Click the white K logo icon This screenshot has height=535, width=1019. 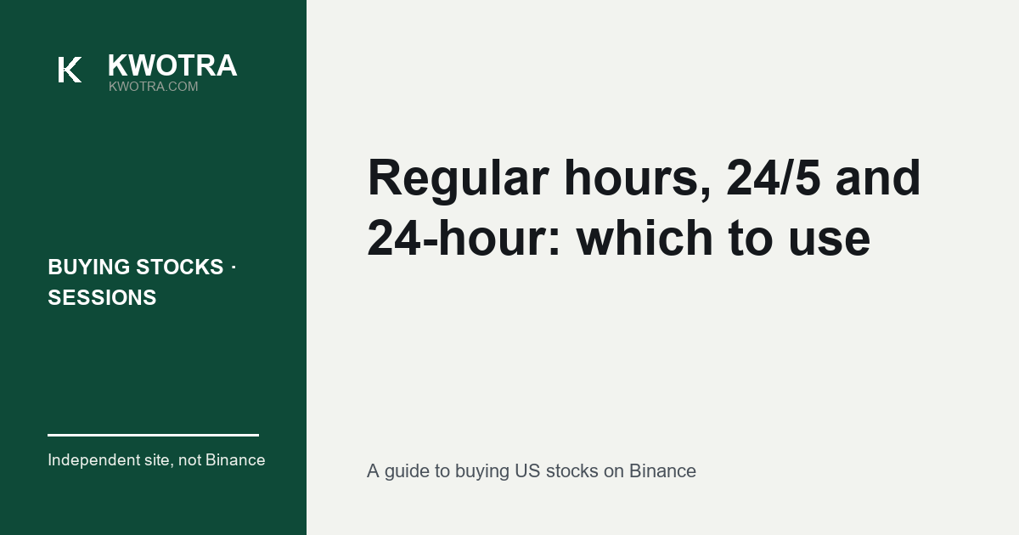(x=70, y=70)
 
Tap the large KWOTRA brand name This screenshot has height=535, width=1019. (x=172, y=65)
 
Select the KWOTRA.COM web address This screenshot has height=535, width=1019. (x=154, y=87)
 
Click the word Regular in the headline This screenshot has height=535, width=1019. (x=459, y=179)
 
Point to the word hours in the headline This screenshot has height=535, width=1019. (x=638, y=177)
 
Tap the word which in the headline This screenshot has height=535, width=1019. (x=645, y=238)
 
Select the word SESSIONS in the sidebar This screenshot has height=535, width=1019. (x=102, y=298)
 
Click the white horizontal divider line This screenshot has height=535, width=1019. (x=154, y=436)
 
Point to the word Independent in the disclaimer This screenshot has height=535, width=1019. (x=93, y=460)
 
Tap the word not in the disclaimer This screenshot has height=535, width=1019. (x=189, y=460)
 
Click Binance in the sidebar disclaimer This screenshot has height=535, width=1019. (x=235, y=460)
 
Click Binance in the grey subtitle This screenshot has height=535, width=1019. (x=662, y=471)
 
